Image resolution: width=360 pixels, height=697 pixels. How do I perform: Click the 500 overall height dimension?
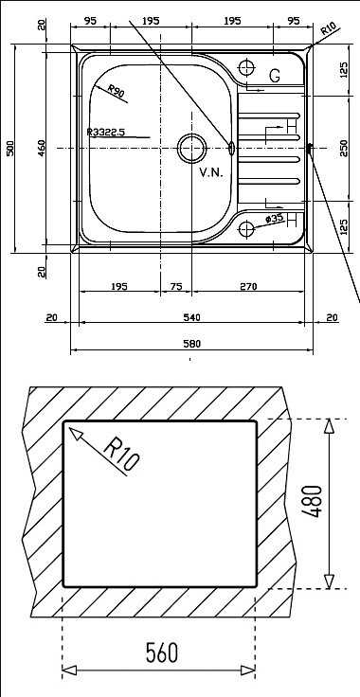coord(10,148)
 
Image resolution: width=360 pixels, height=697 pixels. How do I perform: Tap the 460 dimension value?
coord(42,148)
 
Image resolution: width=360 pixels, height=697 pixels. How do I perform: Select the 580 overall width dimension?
coord(192,344)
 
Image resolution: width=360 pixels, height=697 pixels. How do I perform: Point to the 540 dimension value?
coord(192,317)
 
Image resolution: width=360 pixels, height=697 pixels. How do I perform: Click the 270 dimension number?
coord(248,287)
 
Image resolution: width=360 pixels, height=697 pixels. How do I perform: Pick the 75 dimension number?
coord(176,287)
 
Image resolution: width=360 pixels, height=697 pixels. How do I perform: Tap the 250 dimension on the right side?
coord(344,148)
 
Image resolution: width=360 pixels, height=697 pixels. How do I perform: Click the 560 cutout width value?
coord(162,653)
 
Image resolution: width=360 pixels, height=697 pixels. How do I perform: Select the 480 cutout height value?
coord(312,501)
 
